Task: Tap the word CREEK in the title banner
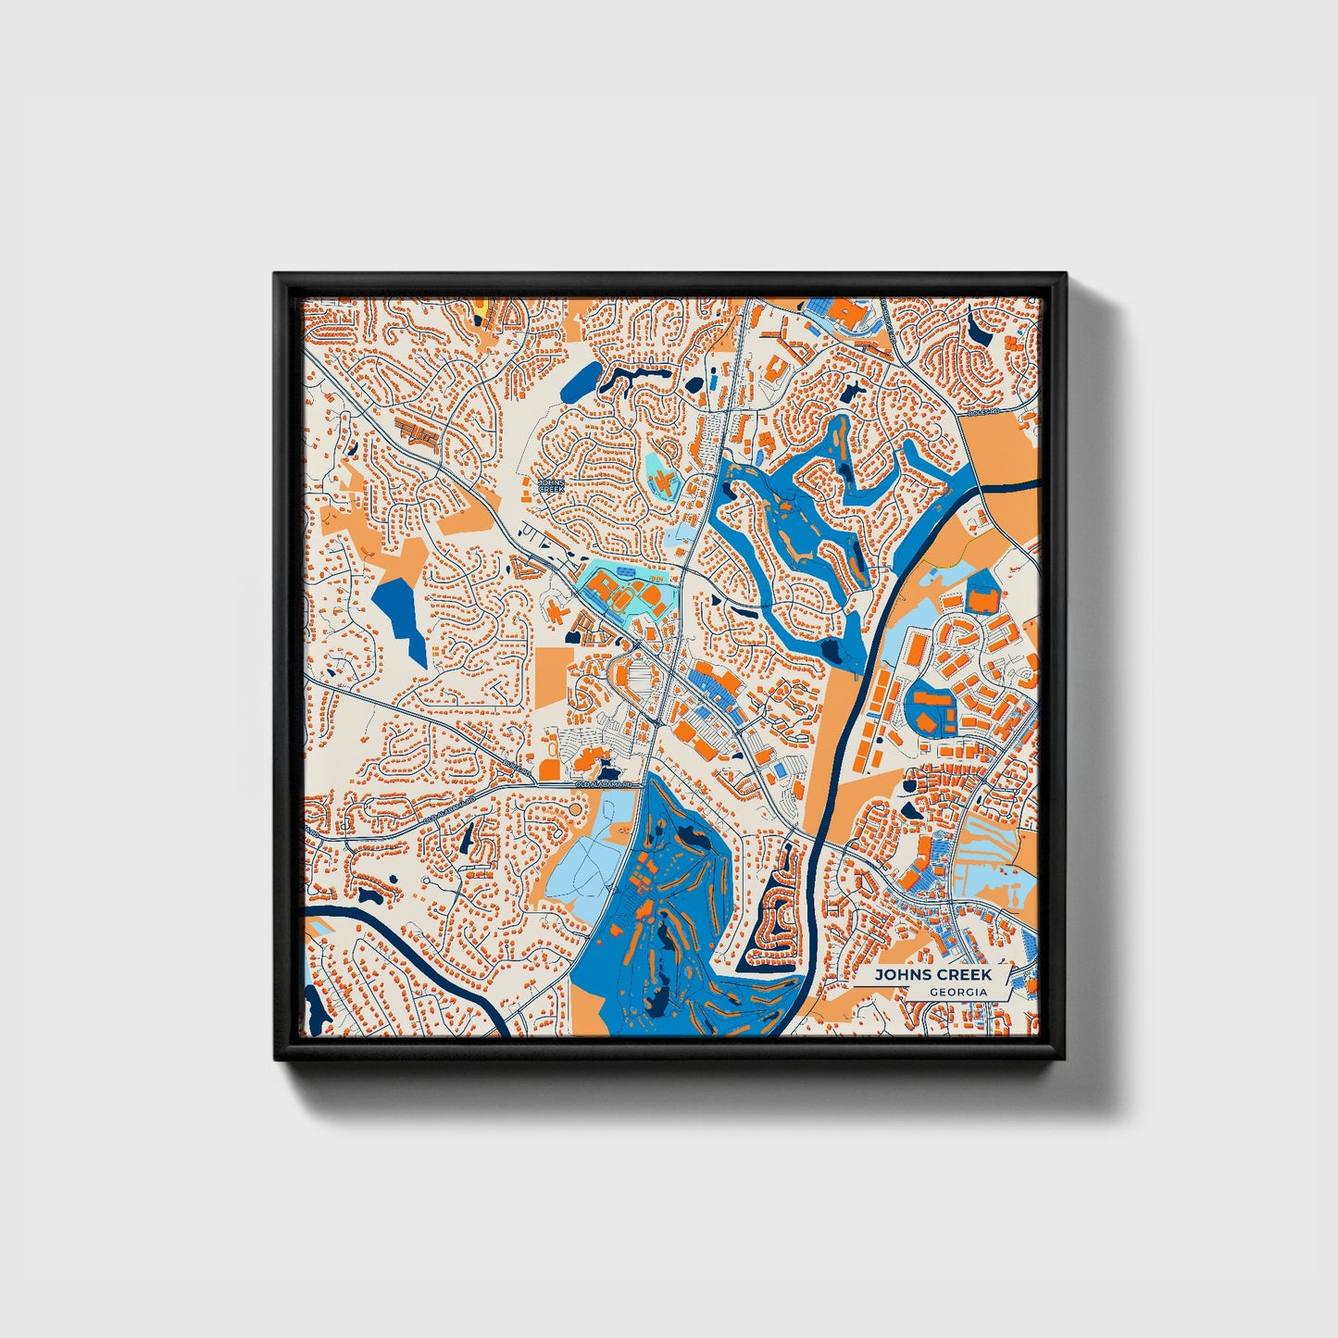962,975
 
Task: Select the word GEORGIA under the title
958,992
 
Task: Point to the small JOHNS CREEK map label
551,484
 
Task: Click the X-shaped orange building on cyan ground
663,481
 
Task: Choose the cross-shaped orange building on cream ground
556,611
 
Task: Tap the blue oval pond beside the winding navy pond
581,380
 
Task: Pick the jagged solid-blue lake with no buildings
400,615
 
